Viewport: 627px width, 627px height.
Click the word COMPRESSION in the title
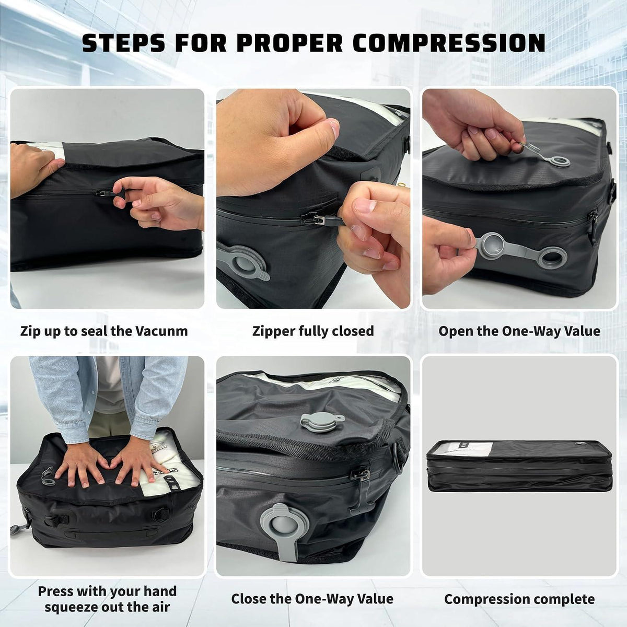[x=449, y=42]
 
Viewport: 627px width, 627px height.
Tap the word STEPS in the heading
[x=123, y=42]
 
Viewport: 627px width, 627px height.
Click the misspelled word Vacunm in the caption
[x=161, y=331]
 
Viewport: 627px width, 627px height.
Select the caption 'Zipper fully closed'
[x=313, y=331]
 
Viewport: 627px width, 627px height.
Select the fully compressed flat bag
[x=519, y=466]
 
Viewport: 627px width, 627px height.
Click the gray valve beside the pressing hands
[x=48, y=477]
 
